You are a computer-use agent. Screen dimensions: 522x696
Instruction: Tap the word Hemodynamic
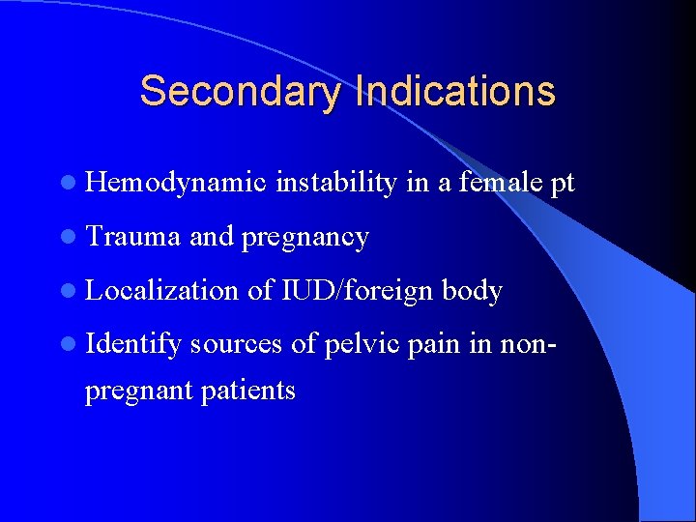click(175, 183)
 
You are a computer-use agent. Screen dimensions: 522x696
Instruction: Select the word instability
click(335, 183)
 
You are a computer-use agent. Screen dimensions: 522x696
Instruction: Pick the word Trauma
click(132, 237)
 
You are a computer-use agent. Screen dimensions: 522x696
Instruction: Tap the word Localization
click(161, 291)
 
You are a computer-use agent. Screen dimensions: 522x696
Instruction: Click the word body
click(471, 291)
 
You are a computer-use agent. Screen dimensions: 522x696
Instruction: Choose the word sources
click(237, 346)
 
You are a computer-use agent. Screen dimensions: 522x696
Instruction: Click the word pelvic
click(362, 345)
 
